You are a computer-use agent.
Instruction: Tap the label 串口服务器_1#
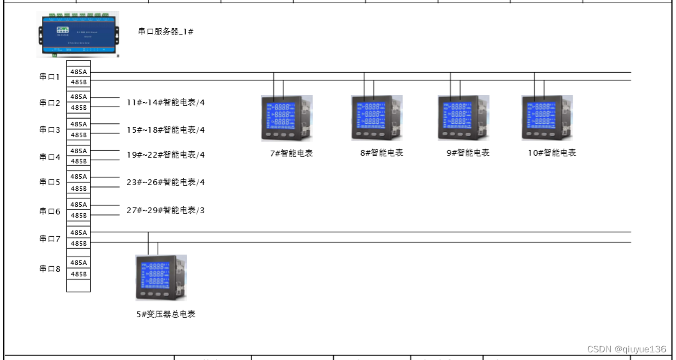pos(166,31)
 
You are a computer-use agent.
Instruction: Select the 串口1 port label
pos(50,77)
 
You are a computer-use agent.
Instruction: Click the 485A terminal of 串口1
pos(79,71)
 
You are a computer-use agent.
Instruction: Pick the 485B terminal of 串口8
pos(79,274)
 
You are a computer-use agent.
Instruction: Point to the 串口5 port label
pos(50,182)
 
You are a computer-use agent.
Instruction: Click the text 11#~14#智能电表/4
pos(166,102)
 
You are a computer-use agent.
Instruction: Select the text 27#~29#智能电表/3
pos(166,210)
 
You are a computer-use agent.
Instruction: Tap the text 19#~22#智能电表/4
pos(166,154)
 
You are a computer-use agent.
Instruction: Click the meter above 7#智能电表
pos(287,117)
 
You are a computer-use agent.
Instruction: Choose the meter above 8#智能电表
pos(377,117)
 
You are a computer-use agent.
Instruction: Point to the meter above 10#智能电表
pos(547,117)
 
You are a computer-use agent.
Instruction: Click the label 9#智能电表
pos(468,153)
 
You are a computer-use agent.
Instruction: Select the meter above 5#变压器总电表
pos(161,277)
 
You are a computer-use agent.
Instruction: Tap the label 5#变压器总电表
pos(165,314)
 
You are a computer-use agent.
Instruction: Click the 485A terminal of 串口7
pos(79,232)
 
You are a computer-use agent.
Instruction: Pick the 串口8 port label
pos(50,269)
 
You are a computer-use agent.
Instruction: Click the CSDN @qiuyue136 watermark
pos(627,349)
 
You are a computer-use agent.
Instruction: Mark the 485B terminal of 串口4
pos(79,161)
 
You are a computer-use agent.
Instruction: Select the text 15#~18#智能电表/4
pos(166,130)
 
